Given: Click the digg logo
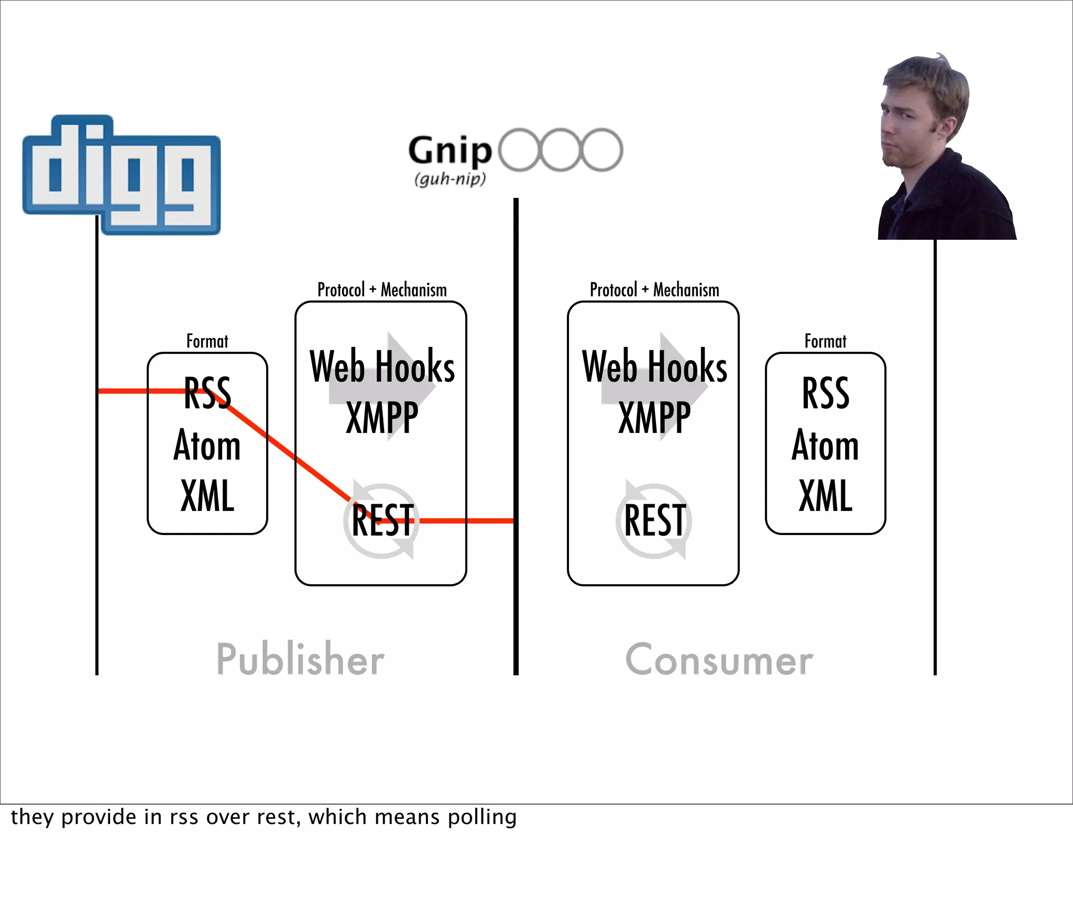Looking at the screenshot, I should point(122,175).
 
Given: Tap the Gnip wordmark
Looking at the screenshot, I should point(450,151).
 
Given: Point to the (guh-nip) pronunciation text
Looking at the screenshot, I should point(450,179).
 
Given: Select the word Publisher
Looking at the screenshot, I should point(300,659).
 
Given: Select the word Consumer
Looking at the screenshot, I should point(719,660).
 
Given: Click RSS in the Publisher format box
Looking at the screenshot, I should point(207,393).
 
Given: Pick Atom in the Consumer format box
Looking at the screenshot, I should point(825,445).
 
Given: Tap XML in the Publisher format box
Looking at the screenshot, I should point(207,496).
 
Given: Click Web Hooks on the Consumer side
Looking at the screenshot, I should point(654,366).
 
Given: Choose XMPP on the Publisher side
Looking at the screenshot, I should point(382,418).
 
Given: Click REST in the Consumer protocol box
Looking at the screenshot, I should point(655,520).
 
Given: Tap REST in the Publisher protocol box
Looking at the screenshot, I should point(382,520).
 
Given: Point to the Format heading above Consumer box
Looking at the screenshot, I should point(825,341).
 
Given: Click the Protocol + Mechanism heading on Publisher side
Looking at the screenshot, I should point(382,290).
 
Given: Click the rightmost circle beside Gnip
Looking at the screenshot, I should point(602,150).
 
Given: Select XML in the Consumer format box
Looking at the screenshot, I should point(825,496).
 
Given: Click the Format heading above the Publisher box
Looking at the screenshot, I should point(207,341).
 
